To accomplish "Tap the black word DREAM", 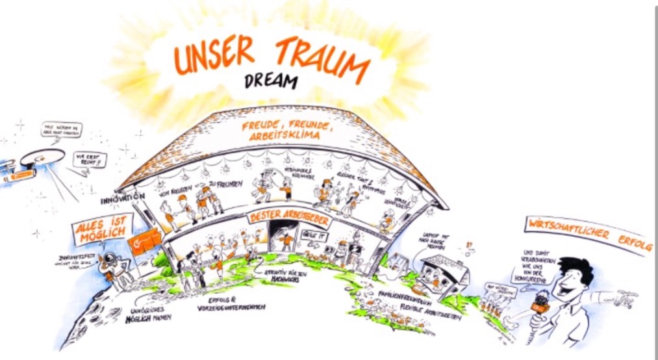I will [272, 81].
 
